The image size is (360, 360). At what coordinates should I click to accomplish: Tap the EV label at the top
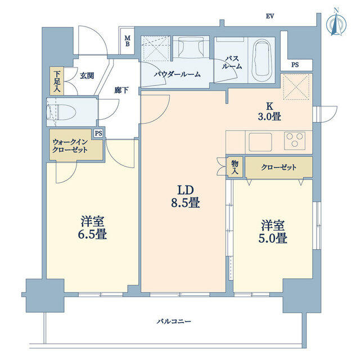(270, 16)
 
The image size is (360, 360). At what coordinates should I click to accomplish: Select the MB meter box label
(127, 41)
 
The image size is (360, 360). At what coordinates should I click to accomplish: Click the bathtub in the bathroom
(262, 60)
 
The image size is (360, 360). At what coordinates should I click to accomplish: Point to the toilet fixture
(61, 112)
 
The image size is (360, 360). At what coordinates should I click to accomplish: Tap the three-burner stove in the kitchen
(294, 141)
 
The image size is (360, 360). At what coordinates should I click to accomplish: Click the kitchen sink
(260, 142)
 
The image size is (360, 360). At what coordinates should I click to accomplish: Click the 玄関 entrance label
(87, 76)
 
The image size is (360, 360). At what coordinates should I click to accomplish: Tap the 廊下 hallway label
(121, 90)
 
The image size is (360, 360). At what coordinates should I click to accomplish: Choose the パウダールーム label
(177, 74)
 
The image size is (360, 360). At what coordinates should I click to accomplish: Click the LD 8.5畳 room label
(185, 197)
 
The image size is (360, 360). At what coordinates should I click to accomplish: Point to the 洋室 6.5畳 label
(93, 228)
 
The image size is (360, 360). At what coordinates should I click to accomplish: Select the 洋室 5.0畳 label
(273, 232)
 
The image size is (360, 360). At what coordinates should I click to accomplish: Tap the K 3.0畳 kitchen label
(269, 111)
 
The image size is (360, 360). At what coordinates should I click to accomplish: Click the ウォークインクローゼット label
(70, 146)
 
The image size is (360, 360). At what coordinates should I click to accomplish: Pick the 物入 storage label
(235, 167)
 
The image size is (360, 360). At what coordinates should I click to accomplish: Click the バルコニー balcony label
(174, 321)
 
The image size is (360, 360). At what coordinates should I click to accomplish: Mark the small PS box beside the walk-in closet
(98, 133)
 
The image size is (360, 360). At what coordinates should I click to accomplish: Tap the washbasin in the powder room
(191, 48)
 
